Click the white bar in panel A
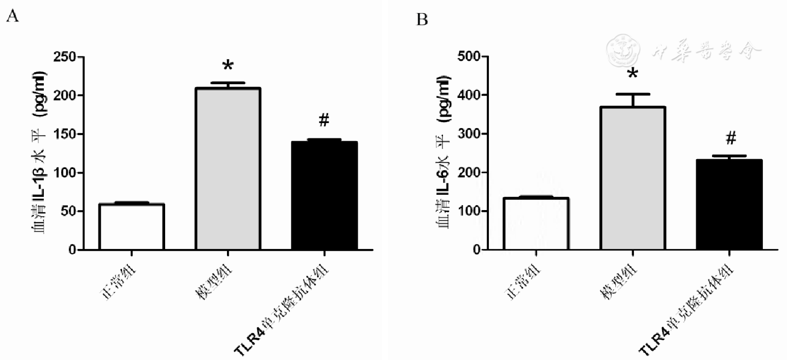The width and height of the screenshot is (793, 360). [x=131, y=227]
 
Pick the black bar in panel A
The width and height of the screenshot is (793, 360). [x=324, y=195]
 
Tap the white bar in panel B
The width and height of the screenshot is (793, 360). [x=535, y=224]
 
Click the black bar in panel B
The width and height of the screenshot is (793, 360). [x=728, y=205]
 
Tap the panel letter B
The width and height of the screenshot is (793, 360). [x=422, y=20]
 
